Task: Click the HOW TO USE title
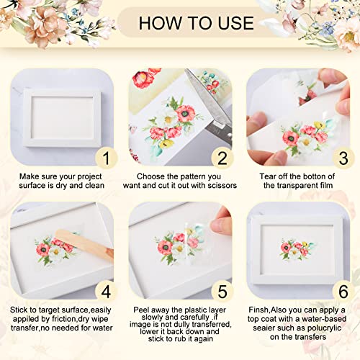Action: (x=197, y=23)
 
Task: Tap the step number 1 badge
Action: (x=107, y=158)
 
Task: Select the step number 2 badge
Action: (x=222, y=158)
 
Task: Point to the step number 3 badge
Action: (x=343, y=158)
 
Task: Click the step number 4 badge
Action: (x=107, y=292)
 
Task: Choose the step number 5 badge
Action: (x=222, y=292)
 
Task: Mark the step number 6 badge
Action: (x=343, y=292)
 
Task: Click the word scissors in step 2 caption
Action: (x=222, y=186)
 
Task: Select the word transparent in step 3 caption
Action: (x=301, y=186)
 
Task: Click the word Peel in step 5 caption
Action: (x=141, y=310)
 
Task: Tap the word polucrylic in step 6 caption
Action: (x=324, y=328)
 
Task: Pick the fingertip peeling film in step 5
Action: (x=220, y=225)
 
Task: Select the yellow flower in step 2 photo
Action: (x=166, y=143)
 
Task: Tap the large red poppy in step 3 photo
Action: (x=290, y=138)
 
